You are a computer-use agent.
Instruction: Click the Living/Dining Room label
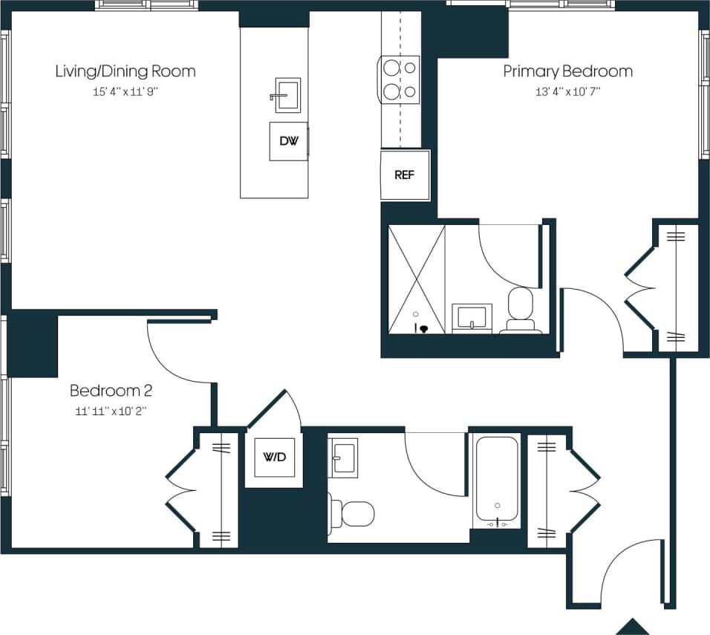point(126,71)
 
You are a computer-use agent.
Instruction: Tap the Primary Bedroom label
point(567,71)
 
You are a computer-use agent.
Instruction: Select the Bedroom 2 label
point(111,391)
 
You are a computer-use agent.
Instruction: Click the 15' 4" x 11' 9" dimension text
point(126,93)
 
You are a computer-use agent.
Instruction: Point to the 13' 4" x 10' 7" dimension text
point(567,93)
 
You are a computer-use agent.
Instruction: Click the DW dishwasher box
point(288,141)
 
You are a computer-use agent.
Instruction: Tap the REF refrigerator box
point(404,175)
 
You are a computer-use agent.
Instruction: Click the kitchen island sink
point(287,95)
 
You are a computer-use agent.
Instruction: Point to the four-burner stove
point(400,79)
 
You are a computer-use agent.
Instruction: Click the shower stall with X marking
point(416,279)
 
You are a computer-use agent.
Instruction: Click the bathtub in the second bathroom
point(497,479)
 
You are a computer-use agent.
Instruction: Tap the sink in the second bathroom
point(343,455)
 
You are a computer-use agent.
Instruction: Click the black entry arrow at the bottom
point(634,627)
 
